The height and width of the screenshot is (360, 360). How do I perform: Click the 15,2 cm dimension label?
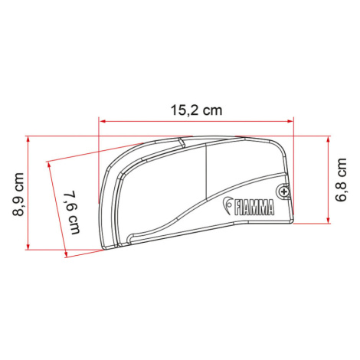196,110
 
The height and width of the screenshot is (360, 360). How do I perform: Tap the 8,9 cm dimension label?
18,195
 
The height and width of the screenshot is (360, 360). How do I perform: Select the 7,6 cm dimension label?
72,212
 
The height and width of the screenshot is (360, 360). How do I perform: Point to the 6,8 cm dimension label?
341,180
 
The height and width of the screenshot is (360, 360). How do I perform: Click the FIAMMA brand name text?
254,208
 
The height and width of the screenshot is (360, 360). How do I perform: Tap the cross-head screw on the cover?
283,191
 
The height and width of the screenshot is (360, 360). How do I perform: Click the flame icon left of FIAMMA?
227,205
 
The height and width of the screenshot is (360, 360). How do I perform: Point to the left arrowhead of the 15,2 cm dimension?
103,121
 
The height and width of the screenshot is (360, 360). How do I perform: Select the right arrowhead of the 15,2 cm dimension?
290,121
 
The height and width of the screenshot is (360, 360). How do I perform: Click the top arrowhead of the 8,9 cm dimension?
28,139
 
